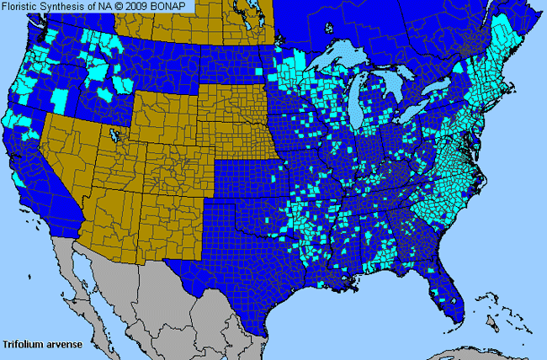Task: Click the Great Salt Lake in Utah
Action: pos(112,135)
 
